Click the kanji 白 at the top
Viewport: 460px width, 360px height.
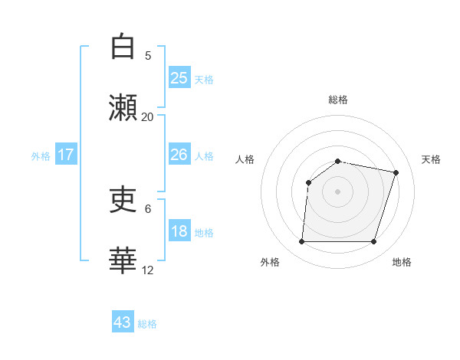[123, 47]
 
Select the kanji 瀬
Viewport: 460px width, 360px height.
[123, 108]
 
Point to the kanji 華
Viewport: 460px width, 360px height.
[123, 260]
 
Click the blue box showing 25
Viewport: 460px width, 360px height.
[179, 77]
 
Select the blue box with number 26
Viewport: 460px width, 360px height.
[179, 155]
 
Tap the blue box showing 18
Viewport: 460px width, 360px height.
[179, 231]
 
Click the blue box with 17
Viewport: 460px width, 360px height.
[66, 155]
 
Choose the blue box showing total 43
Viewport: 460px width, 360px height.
[123, 322]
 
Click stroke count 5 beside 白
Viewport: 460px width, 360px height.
[148, 55]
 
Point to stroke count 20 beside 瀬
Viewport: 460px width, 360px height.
[148, 116]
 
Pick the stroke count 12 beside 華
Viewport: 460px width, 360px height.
[148, 270]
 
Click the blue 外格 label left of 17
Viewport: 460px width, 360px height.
[41, 155]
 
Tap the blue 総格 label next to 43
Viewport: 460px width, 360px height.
[147, 324]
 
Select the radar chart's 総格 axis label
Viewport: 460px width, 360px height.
[337, 100]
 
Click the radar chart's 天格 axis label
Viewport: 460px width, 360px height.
[431, 159]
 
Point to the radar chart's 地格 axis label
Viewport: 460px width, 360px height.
[402, 262]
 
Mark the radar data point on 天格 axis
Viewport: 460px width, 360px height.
[396, 172]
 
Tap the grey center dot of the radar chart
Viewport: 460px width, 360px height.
[337, 191]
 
